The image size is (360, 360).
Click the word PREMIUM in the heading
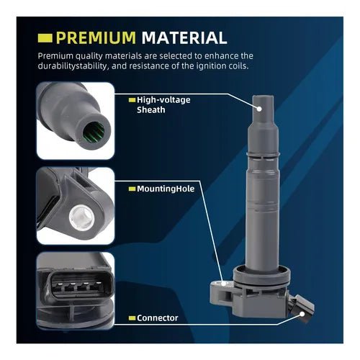96,37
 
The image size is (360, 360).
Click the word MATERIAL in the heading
184,37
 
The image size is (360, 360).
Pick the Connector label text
158,317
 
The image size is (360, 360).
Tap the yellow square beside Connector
131,317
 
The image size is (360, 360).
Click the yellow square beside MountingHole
131,188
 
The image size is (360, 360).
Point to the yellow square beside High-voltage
131,100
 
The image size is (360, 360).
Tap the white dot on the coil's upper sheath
259,107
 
